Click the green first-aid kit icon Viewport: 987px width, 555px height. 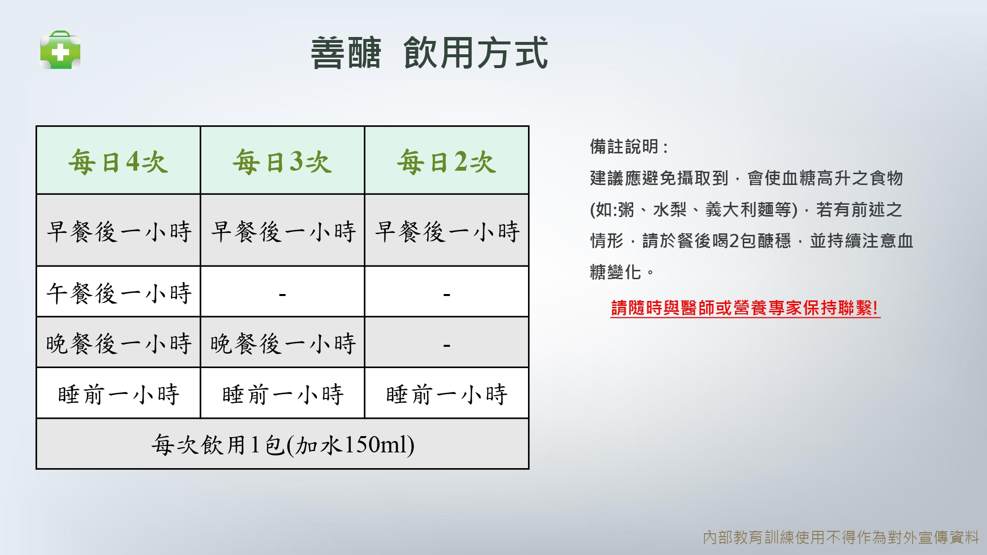(x=60, y=50)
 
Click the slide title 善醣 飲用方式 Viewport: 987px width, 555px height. (x=429, y=53)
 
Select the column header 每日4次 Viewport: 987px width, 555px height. (x=118, y=161)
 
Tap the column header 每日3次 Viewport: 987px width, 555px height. (x=282, y=161)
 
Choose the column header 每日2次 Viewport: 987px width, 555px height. (x=447, y=161)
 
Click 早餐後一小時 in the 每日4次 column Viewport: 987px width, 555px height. (x=118, y=231)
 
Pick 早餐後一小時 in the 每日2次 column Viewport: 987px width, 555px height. (x=447, y=231)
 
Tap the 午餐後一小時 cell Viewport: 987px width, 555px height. (x=118, y=293)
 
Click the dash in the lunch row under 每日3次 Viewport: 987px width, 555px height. (x=282, y=295)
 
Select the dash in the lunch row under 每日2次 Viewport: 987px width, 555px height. (x=447, y=295)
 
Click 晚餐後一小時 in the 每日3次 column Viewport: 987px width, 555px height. (x=283, y=343)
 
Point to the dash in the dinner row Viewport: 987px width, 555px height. (x=447, y=345)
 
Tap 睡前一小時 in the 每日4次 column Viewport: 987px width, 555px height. (x=118, y=394)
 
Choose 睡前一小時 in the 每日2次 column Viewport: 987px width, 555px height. (x=447, y=394)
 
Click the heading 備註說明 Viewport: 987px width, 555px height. (x=624, y=147)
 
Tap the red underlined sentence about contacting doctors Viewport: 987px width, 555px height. (x=745, y=308)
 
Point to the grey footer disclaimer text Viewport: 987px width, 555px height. (x=841, y=537)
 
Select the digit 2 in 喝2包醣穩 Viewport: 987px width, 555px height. (x=734, y=241)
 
